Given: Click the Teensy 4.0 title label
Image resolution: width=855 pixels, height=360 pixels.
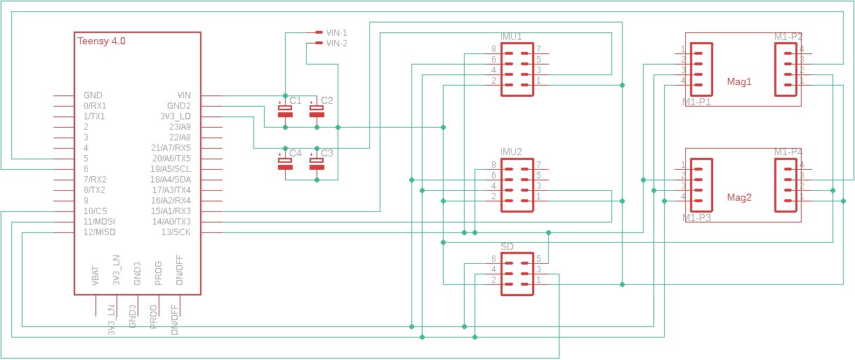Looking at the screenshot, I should click(x=101, y=41).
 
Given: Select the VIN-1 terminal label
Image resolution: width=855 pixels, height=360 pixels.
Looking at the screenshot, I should click(x=336, y=32).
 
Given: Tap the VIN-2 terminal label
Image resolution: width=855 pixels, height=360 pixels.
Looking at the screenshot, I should click(x=336, y=44).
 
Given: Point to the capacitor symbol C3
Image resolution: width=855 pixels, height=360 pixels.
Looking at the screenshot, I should click(x=317, y=164).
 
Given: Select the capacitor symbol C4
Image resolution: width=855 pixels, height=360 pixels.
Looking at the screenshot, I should click(x=285, y=164).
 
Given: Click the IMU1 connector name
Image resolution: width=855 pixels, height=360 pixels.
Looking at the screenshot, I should click(x=511, y=36).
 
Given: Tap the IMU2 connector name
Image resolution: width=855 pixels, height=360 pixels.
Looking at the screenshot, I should click(x=511, y=152).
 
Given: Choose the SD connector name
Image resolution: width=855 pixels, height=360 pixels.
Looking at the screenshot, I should click(x=507, y=246).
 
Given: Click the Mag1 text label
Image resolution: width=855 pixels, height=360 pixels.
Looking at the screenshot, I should click(x=739, y=82).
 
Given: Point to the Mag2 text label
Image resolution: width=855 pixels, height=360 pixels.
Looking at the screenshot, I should click(x=739, y=198).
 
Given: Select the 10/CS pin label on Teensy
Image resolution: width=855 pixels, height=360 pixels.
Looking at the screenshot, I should click(x=95, y=211).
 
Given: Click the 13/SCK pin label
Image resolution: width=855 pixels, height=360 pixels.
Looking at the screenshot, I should click(x=175, y=232).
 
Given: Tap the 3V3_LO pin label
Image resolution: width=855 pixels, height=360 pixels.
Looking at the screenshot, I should click(x=175, y=116).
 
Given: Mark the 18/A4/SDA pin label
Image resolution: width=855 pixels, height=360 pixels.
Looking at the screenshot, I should click(x=171, y=180).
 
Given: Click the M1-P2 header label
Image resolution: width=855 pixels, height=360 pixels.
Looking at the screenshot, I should click(x=788, y=36).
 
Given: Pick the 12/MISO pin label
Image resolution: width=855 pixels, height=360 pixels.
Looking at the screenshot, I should click(x=99, y=232).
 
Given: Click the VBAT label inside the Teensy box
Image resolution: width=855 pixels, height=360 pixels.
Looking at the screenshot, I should click(x=95, y=276).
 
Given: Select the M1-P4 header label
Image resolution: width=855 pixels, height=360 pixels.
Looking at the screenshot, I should click(x=788, y=152).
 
